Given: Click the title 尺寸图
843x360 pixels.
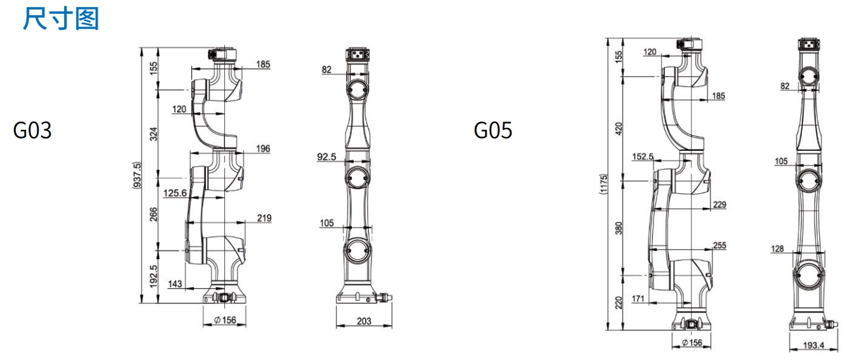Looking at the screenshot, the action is tap(61, 18).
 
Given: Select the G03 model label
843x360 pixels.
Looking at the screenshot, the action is tap(32, 130).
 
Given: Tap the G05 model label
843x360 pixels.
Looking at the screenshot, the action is tap(493, 130).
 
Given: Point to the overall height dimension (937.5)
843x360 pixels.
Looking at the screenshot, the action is tap(138, 176).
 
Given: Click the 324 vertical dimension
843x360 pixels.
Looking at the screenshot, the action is tap(153, 134).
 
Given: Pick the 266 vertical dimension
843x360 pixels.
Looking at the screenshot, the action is tap(153, 214).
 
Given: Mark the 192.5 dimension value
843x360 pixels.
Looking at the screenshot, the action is tap(153, 276).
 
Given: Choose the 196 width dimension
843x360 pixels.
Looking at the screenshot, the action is tap(263, 148).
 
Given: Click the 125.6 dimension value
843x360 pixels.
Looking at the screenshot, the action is tap(175, 193).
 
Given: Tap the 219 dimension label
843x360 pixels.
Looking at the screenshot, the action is tap(264, 218).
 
